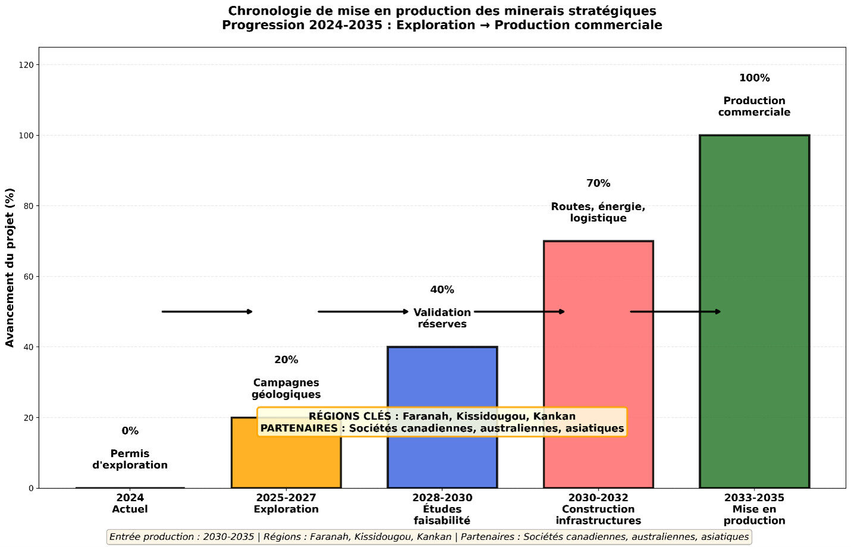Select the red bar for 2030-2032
coord(598,357)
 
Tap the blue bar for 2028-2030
coord(442,381)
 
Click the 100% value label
coord(754,78)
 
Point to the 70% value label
coord(598,183)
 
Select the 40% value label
coord(442,290)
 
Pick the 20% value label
coord(286,360)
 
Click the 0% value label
coord(130,431)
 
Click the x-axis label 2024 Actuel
coord(130,504)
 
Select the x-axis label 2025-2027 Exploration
coord(286,504)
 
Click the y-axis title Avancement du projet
coord(10,267)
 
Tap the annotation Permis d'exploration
coord(130,460)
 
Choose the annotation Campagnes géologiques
coord(286,389)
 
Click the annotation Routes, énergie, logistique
coord(598,212)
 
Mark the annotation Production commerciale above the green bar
coord(754,107)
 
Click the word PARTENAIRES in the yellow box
coord(299,428)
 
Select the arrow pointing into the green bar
coord(675,311)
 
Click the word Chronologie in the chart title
coord(265,11)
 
